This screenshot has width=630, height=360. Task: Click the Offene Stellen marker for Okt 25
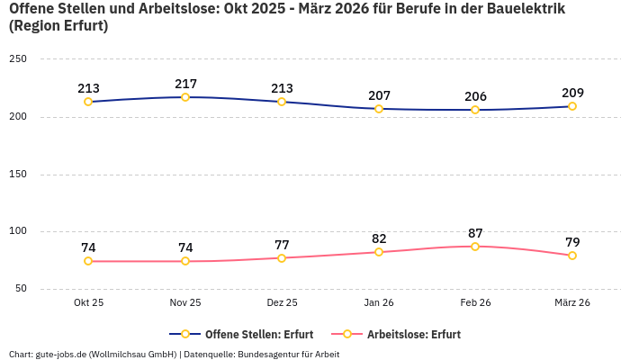pos(88,102)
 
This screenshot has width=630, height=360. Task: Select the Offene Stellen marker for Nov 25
pos(185,97)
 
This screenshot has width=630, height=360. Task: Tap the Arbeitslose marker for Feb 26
pos(475,247)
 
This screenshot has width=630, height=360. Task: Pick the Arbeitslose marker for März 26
pos(572,256)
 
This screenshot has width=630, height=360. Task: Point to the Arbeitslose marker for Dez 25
pos(282,258)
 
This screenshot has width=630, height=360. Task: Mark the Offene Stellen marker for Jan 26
pos(379,109)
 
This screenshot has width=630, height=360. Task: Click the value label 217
pos(185,84)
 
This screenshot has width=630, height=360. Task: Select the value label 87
pos(475,233)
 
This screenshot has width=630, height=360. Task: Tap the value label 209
pos(572,93)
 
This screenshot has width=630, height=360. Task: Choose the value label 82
pos(379,238)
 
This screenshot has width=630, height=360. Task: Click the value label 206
pos(475,96)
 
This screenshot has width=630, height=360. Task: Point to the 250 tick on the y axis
pos(18,59)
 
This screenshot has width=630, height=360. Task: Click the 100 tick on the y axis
pos(18,231)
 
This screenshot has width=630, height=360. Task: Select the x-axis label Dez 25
pos(282,303)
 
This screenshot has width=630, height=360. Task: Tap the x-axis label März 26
pos(572,303)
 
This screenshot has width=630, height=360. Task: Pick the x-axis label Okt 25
pos(88,303)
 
